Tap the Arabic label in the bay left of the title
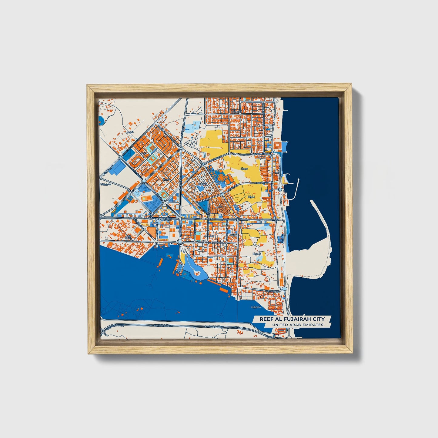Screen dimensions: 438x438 click(256, 307)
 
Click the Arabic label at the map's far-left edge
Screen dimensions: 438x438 click(106, 184)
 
